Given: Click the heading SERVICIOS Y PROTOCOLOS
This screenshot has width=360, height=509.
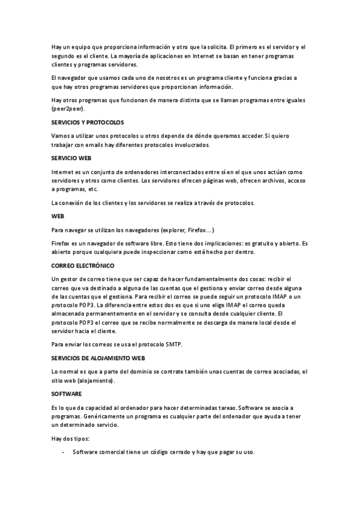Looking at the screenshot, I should click(88, 122).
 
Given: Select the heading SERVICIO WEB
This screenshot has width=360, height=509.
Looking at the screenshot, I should click(71, 158).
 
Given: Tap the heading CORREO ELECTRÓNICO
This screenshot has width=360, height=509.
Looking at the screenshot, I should click(83, 265).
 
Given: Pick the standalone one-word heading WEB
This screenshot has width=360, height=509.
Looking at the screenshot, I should click(58, 215).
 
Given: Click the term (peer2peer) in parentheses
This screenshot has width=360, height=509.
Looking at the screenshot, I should click(68, 109).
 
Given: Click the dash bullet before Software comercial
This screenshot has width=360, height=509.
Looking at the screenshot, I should click(63, 453).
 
